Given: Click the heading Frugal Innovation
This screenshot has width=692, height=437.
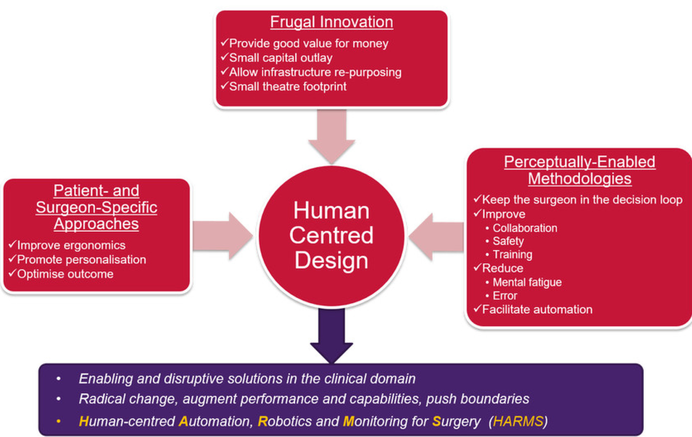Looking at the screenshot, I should click(331, 22).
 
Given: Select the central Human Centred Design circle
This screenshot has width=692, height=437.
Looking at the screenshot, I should click(331, 236).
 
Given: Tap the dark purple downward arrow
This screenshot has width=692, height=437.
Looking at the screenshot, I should click(331, 335).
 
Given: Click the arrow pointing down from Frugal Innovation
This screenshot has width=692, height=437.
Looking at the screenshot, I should click(331, 134).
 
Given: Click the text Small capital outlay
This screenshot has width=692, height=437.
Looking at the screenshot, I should click(281, 58).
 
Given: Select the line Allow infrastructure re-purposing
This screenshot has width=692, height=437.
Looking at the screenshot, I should click(315, 72).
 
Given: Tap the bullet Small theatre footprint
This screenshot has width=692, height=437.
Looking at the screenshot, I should click(288, 86).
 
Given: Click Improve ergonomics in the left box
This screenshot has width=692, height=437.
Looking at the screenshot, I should click(71, 245).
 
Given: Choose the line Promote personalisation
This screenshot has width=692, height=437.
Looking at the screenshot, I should click(82, 259).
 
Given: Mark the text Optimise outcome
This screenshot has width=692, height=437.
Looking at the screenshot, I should click(65, 274).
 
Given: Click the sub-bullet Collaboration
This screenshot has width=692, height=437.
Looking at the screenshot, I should click(525, 228).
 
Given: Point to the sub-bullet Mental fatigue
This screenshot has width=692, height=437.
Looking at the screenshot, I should click(527, 282).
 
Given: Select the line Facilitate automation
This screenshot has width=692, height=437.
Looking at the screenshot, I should click(537, 309).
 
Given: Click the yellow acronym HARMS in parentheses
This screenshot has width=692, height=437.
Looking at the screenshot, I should click(518, 421).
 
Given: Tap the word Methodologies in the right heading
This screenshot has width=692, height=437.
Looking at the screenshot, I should click(579, 179).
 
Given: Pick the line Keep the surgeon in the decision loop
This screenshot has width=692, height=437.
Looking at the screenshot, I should click(582, 200).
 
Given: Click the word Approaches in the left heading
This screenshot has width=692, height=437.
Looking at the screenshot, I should click(96, 224).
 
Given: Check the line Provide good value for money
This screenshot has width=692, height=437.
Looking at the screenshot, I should click(308, 43).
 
